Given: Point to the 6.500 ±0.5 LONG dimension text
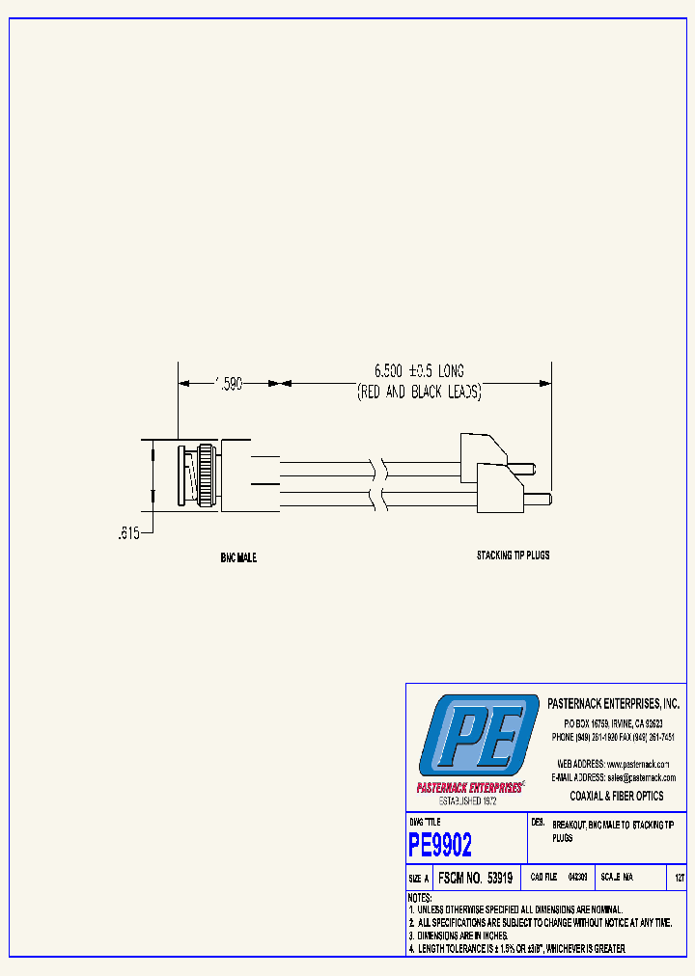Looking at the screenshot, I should coord(419,370).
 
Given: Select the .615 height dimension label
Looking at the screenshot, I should coord(127,532).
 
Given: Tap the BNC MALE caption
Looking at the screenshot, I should coord(238,558).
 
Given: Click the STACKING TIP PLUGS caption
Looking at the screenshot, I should coord(513,556).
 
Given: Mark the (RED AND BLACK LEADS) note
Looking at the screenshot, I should coord(419,393).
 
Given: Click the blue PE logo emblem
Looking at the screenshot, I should coord(479,738).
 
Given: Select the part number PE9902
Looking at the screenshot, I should coord(440,846).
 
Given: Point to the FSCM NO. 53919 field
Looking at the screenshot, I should coord(474,879).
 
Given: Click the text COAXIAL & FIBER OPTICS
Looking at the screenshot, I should coord(617,796).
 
